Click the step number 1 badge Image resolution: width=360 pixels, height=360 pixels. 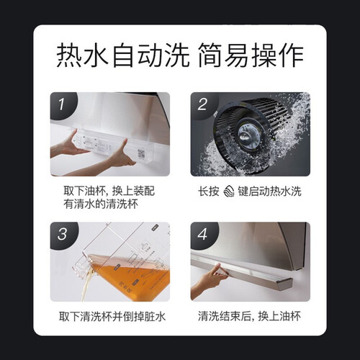(x=62, y=104)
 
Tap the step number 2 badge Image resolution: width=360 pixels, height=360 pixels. (x=203, y=104)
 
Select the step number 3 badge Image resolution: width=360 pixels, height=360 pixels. (x=63, y=234)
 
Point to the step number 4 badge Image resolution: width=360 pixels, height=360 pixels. (x=203, y=234)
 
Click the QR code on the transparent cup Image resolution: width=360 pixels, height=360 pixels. (x=141, y=154)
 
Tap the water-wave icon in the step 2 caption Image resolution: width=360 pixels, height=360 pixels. (x=229, y=192)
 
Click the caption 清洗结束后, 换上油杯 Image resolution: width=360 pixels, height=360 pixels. (x=249, y=316)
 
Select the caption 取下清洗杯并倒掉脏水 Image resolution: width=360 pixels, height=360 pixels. (x=112, y=316)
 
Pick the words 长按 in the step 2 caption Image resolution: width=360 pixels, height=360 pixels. (x=209, y=192)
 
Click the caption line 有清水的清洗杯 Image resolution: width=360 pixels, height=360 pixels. (x=101, y=204)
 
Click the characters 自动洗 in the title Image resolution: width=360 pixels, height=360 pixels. (x=150, y=55)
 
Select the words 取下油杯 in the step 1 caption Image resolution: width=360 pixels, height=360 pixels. (x=84, y=191)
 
